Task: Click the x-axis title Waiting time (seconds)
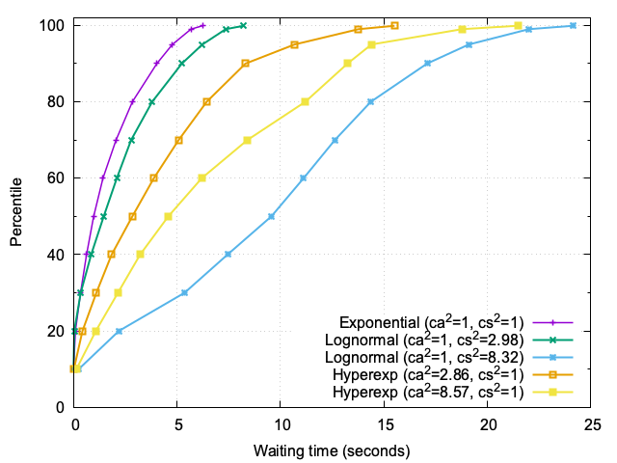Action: pyautogui.click(x=332, y=450)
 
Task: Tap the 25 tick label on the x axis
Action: pyautogui.click(x=592, y=425)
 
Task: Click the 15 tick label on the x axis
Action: pyautogui.click(x=385, y=425)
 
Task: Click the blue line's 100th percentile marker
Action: pyautogui.click(x=574, y=25)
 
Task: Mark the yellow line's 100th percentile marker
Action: pyautogui.click(x=519, y=25)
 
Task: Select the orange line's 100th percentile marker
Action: pyautogui.click(x=394, y=25)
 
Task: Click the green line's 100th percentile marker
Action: pyautogui.click(x=243, y=25)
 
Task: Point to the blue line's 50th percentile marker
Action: pyautogui.click(x=271, y=216)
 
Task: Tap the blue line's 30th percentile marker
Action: pyautogui.click(x=184, y=292)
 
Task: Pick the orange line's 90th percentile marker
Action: pyautogui.click(x=245, y=64)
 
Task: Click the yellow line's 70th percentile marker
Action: pyautogui.click(x=248, y=140)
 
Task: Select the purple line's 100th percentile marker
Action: pyautogui.click(x=202, y=25)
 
